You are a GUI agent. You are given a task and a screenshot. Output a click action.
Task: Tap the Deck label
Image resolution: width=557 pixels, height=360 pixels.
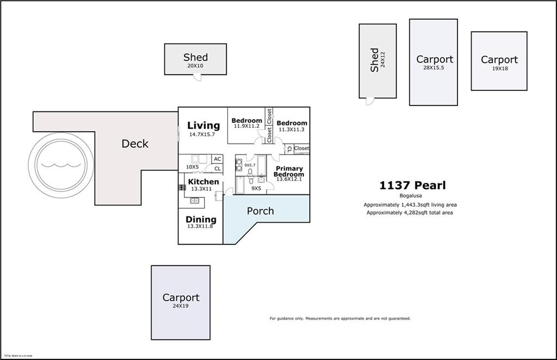point(134,144)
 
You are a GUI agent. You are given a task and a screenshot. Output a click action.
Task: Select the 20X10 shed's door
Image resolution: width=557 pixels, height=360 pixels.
point(197,77)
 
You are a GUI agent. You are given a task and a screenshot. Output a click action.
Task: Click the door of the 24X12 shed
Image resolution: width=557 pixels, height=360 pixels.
point(369,101)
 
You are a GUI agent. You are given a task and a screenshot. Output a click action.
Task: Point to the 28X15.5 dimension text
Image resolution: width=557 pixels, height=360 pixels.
point(434,68)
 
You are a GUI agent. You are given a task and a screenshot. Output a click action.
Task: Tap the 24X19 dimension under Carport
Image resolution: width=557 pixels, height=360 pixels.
point(180,306)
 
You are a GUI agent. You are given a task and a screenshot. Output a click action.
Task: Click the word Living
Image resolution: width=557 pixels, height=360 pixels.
point(203,126)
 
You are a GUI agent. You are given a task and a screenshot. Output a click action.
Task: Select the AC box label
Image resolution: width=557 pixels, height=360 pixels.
point(217,159)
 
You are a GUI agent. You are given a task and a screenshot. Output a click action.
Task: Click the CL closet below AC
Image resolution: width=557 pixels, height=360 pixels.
point(217,169)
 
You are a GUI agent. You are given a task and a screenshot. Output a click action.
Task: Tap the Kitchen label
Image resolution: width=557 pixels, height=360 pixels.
point(203,182)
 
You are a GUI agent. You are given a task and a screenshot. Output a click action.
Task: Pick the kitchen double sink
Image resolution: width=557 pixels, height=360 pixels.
point(194,201)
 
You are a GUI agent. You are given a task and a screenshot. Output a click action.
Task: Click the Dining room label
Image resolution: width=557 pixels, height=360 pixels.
point(201,220)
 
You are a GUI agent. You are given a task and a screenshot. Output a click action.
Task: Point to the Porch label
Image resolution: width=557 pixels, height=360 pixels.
point(261,211)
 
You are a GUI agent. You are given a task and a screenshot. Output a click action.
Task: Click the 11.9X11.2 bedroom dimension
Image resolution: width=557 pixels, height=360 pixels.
point(246,126)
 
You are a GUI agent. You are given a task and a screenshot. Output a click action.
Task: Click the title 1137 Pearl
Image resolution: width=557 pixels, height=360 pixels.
point(412,185)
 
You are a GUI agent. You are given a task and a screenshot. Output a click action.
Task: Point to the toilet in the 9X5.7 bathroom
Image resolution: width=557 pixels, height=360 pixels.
point(251,173)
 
